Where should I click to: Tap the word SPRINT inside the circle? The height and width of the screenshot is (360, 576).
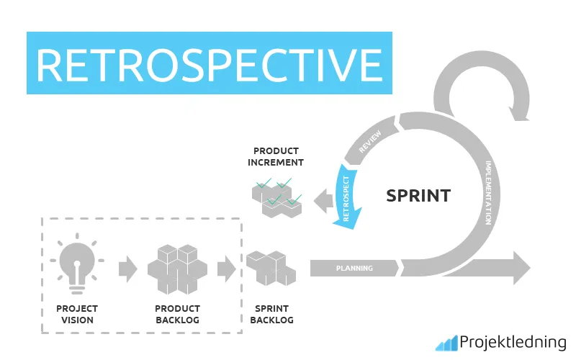pos(418,195)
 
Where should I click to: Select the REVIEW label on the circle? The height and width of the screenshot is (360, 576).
pos(371,139)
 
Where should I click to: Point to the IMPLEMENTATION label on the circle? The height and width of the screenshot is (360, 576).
pos(490,193)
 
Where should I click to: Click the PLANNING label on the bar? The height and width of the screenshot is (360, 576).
pos(354,269)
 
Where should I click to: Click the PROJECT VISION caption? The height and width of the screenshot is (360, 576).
pos(77,315)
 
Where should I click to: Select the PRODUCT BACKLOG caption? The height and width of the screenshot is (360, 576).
pos(177,315)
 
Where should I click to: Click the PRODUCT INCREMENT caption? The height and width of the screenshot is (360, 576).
pos(276,156)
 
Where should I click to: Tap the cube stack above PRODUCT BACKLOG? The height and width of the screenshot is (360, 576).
pos(177,269)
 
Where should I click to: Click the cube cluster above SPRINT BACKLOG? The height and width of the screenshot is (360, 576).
pos(271,269)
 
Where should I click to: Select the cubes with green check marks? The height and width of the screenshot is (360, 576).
pos(276,197)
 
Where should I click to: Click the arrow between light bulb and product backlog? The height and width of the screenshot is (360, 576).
pos(127,269)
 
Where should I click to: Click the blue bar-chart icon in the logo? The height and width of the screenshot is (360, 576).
pos(446,343)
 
